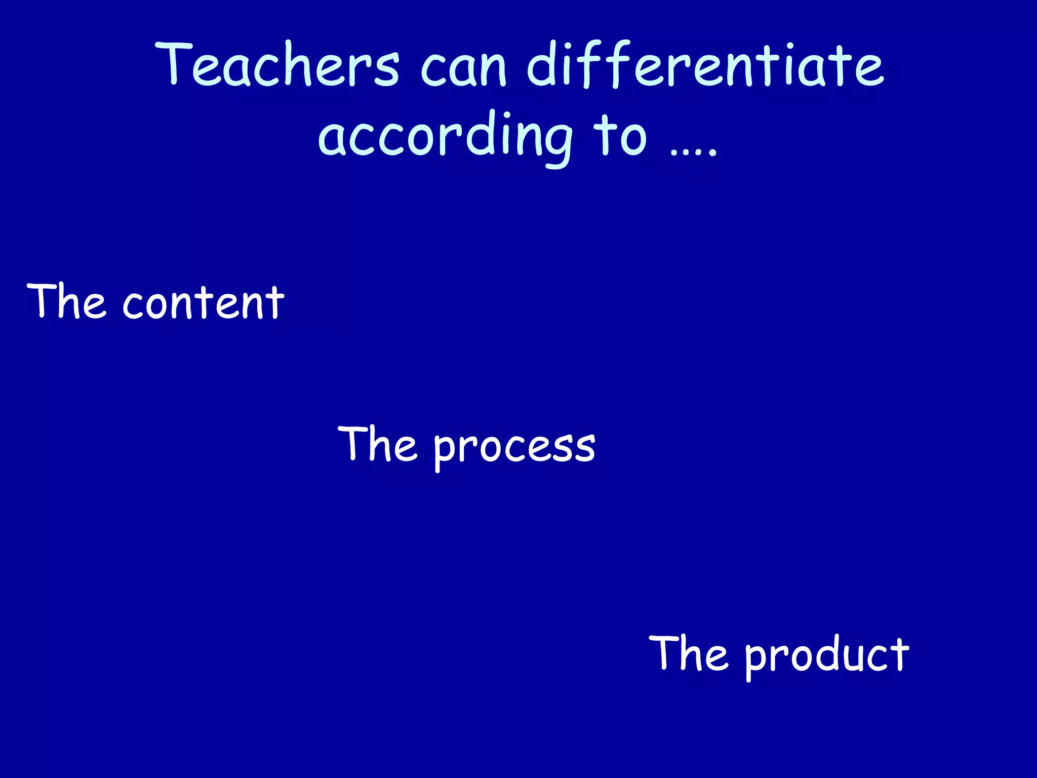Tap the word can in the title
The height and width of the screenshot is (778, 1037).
(463, 68)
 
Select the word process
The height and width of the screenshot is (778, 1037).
(514, 447)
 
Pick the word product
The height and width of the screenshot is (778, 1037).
(826, 655)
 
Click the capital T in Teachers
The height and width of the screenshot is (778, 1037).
(173, 63)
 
